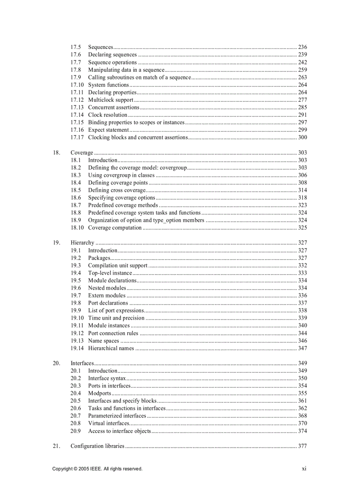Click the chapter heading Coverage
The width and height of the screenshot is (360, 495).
pos(82,153)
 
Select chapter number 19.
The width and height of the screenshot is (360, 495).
pos(56,243)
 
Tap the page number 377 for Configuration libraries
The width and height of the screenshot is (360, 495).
pos(302,446)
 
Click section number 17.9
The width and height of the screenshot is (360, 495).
pos(75,77)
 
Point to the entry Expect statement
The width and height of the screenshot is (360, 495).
pos(108,130)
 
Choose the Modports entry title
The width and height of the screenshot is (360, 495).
pos(99,393)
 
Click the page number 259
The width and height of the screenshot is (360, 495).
pos(302,70)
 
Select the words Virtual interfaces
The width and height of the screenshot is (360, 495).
pos(109,423)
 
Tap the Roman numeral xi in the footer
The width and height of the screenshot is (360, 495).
pos(304,469)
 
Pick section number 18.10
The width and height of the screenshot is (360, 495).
pos(77,228)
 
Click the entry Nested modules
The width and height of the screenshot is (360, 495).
pos(107,288)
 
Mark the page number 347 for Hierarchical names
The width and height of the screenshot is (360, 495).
pos(302,348)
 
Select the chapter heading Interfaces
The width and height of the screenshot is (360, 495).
pos(82,363)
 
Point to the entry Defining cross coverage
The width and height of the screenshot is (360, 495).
pos(117,190)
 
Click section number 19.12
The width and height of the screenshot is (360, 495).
pos(77,333)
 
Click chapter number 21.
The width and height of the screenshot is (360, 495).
pos(56,446)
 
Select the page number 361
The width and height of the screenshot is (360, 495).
pos(302,401)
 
